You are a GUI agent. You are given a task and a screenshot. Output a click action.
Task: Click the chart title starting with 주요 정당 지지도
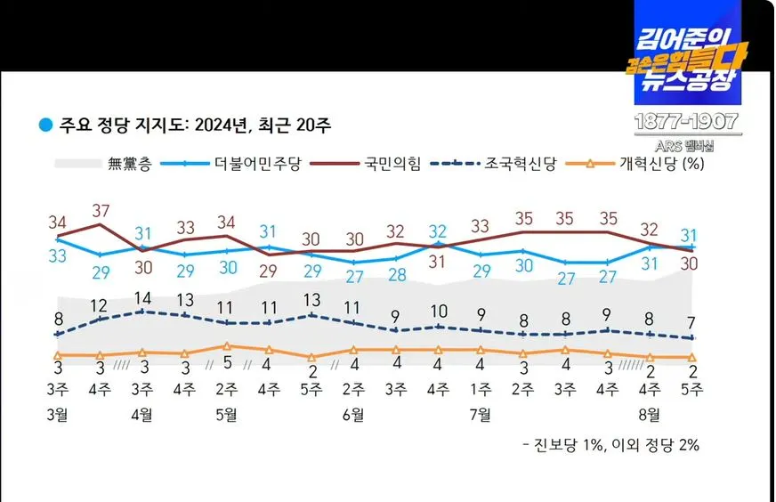(x=194, y=124)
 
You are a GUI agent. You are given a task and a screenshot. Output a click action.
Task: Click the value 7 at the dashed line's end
(x=691, y=322)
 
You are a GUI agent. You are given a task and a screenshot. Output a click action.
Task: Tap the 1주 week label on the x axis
(x=480, y=389)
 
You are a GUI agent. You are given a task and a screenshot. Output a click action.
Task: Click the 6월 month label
(x=353, y=414)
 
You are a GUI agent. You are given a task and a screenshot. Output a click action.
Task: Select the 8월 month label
(x=649, y=414)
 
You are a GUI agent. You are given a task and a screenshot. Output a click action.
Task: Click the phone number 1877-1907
(x=685, y=122)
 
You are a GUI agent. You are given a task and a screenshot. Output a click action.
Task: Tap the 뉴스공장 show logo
(x=686, y=53)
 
